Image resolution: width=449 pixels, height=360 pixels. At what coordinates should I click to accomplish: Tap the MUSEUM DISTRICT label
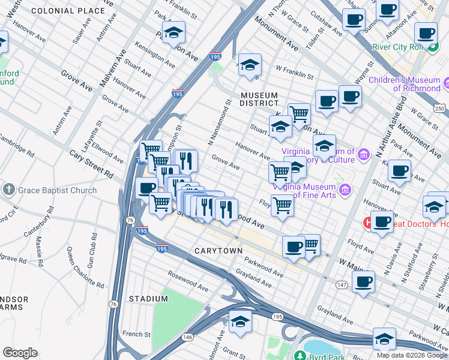pyautogui.click(x=259, y=100)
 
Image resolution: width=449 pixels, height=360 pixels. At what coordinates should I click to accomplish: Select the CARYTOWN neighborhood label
pyautogui.click(x=218, y=250)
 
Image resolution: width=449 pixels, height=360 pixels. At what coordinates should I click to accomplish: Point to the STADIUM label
pyautogui.click(x=148, y=299)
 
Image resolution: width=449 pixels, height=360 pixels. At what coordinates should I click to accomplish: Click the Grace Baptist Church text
pyautogui.click(x=57, y=191)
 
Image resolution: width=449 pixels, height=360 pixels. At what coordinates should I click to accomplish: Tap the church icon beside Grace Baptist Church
pyautogui.click(x=8, y=190)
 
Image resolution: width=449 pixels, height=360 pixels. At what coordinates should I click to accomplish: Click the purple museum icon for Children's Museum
pyautogui.click(x=446, y=82)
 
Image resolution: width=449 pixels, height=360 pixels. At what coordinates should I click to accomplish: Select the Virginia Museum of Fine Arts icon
pyautogui.click(x=345, y=191)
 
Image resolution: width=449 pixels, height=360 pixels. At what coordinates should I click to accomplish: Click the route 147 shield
pyautogui.click(x=342, y=284)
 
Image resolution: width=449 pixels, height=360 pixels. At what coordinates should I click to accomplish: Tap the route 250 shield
pyautogui.click(x=441, y=108)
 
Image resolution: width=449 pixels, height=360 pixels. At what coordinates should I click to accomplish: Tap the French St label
pyautogui.click(x=136, y=334)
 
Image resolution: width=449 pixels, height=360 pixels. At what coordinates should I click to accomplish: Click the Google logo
pyautogui.click(x=20, y=352)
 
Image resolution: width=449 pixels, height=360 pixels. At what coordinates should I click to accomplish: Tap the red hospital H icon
pyautogui.click(x=367, y=223)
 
